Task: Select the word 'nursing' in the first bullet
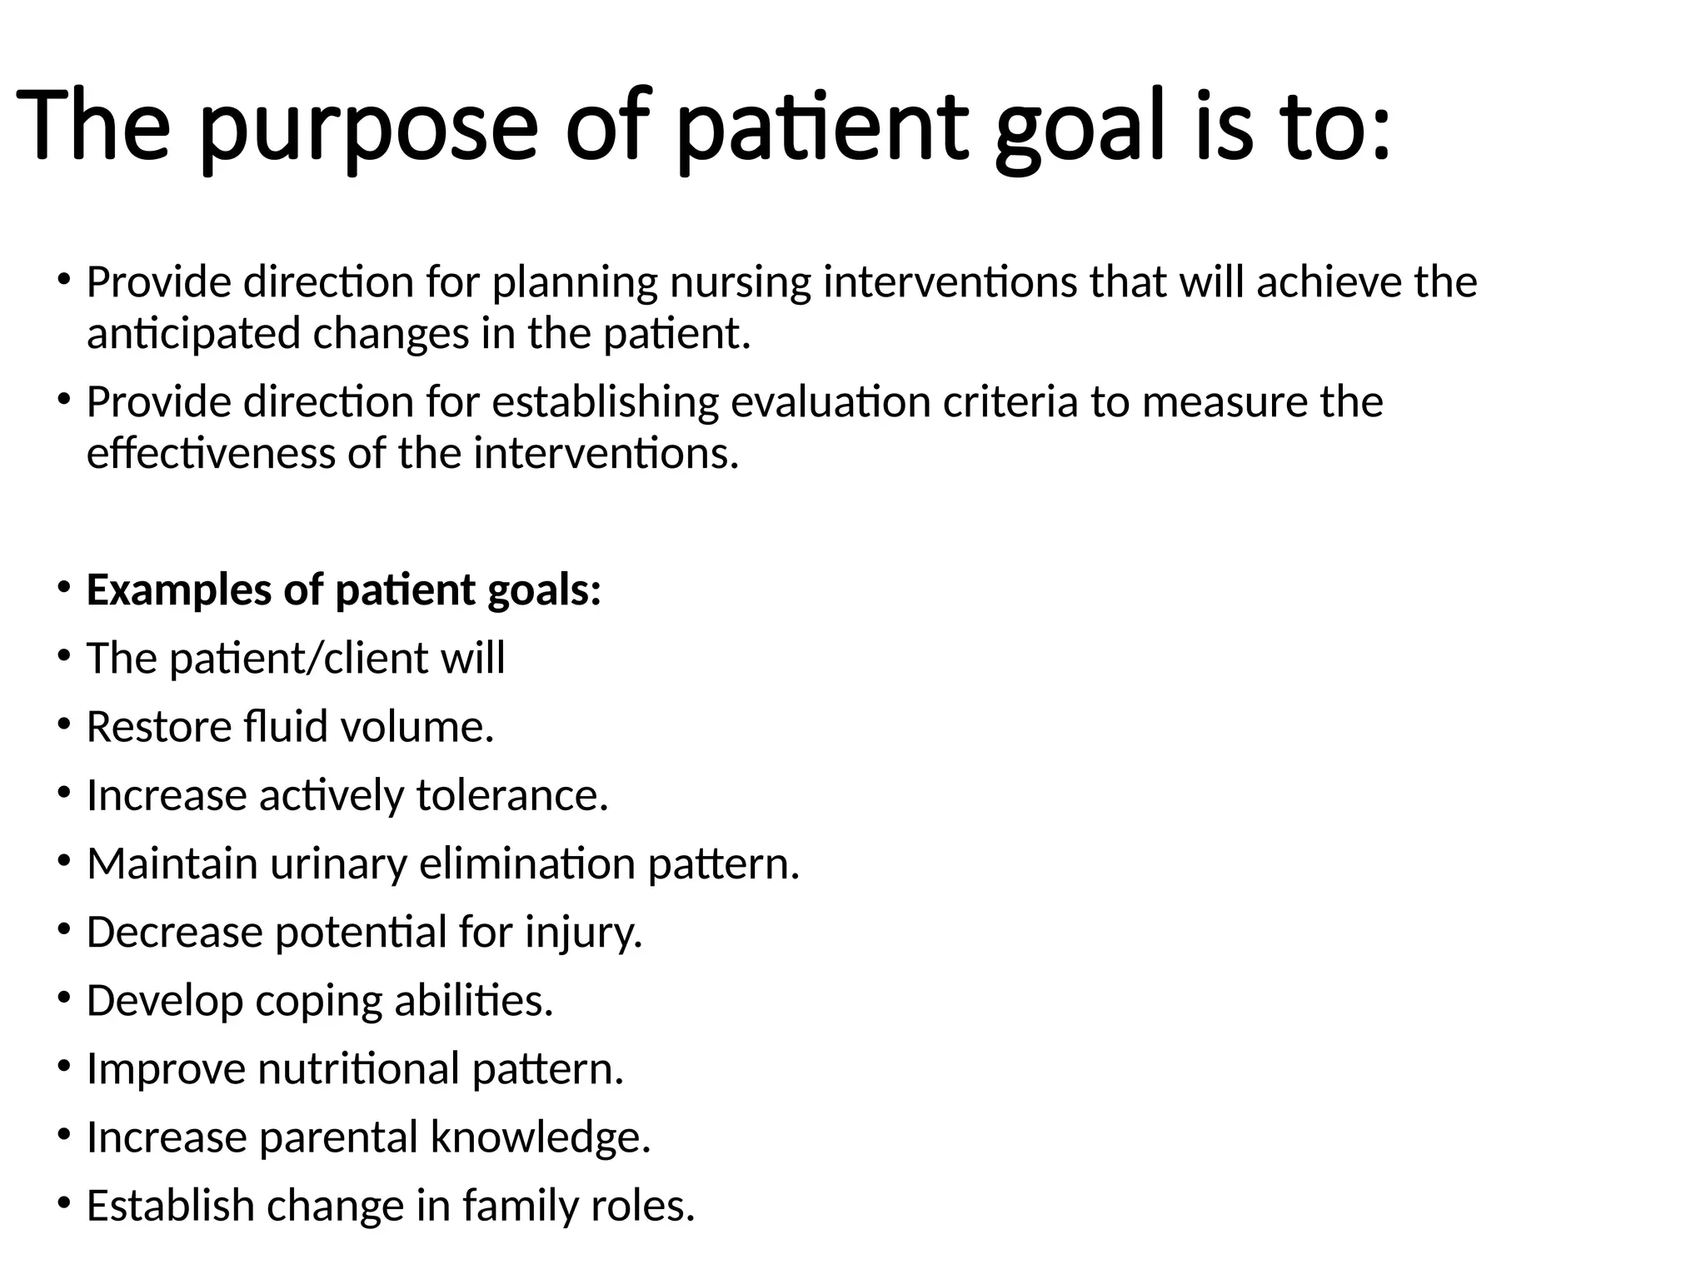point(741,282)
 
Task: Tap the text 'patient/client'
point(298,659)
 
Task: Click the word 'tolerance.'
point(512,795)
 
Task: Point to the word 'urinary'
point(338,863)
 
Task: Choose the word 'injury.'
point(584,932)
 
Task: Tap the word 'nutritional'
point(359,1068)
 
